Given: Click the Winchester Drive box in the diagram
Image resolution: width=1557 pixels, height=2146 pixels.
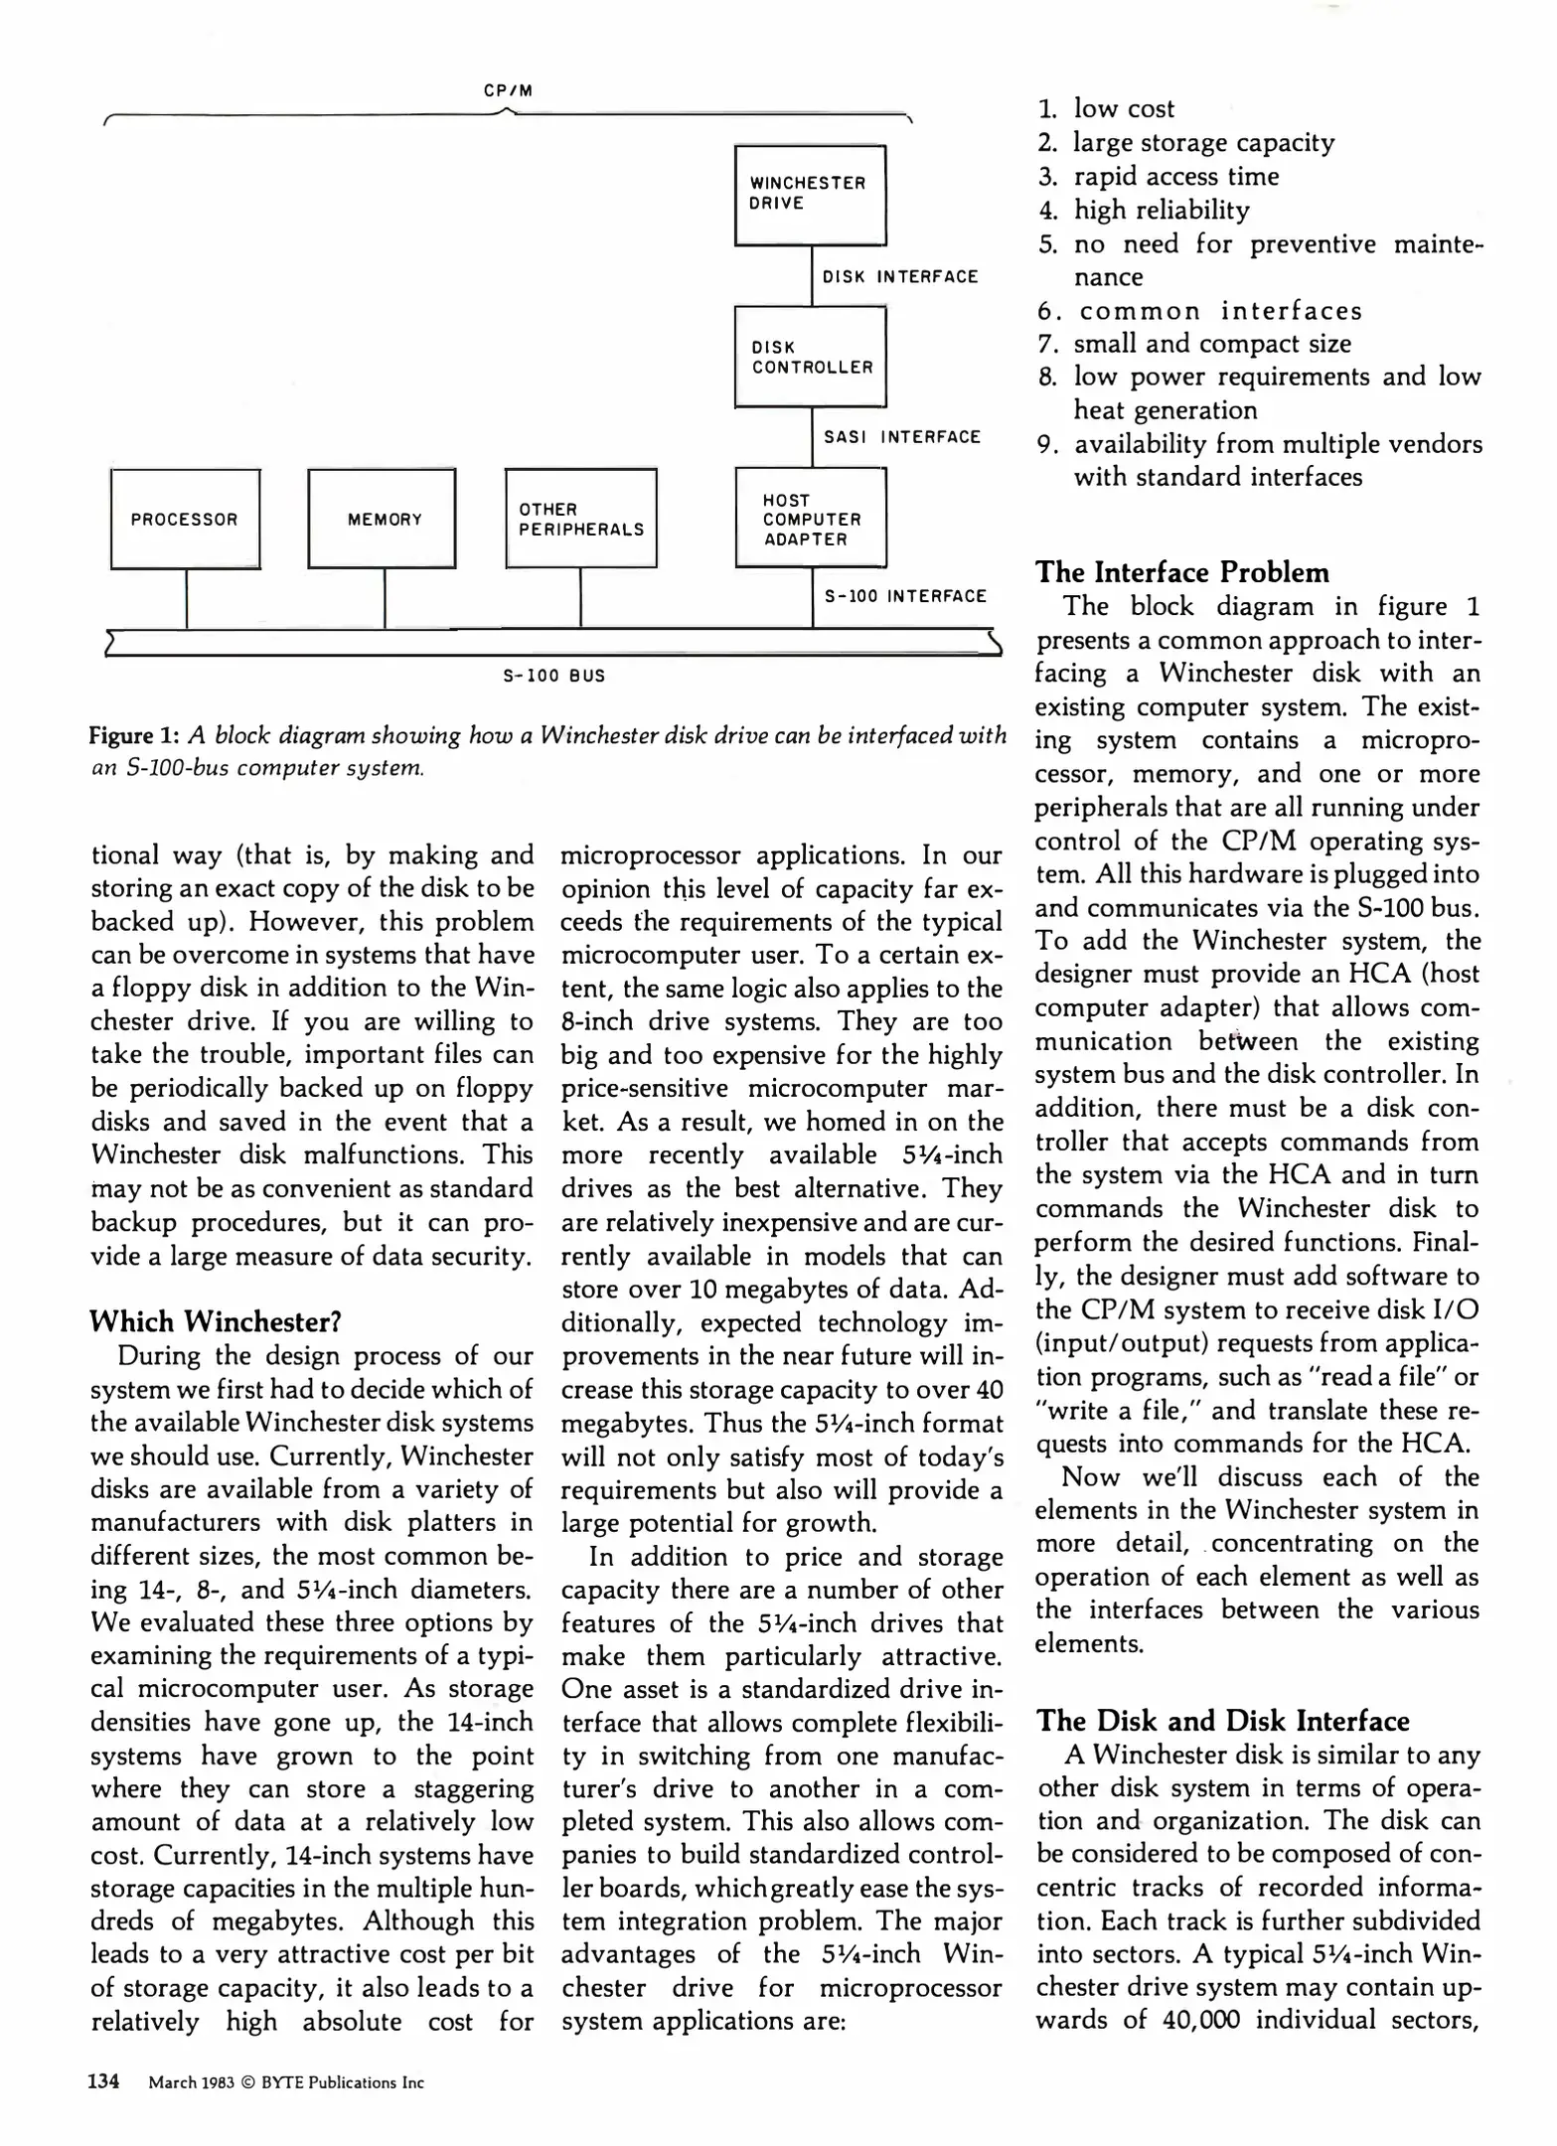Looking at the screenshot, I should tap(810, 195).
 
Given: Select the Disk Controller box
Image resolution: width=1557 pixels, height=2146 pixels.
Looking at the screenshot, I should tap(810, 357).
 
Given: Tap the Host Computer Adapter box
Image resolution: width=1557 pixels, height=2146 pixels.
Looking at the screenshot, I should tap(810, 519).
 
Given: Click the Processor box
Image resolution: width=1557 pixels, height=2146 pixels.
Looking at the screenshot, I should tap(185, 519).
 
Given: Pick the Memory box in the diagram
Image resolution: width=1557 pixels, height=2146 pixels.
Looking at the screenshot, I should tap(383, 519).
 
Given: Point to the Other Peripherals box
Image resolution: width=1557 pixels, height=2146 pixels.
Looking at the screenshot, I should tap(581, 519).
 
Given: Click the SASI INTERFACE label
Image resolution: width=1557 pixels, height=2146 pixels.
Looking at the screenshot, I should tap(901, 437).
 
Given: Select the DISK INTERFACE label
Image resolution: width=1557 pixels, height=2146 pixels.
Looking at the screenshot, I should tap(900, 277).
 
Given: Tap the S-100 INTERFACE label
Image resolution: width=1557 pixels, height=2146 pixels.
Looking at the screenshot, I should tap(905, 596).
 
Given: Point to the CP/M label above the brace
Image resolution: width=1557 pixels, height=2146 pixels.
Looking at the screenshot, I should tap(508, 90).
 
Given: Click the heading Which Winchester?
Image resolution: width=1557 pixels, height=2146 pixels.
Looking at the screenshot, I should tap(216, 1321).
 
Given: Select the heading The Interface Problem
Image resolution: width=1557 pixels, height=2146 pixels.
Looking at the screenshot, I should tap(1181, 572).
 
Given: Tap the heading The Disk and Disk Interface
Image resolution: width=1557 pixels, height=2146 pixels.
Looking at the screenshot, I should tap(1222, 1721).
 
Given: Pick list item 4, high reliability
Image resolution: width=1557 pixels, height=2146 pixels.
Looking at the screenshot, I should tap(1161, 210).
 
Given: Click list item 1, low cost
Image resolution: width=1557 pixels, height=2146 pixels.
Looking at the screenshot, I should tap(1123, 109).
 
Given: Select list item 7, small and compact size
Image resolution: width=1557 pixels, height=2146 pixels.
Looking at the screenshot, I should tap(1211, 344).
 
